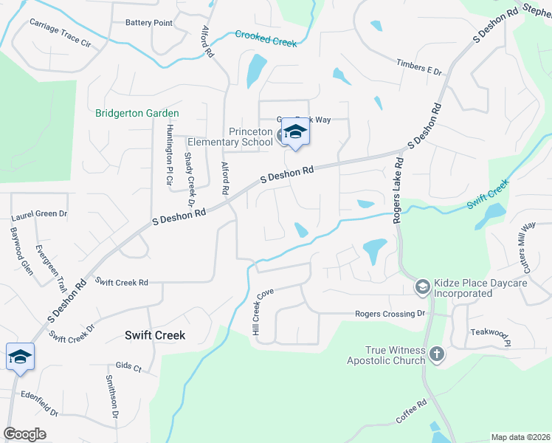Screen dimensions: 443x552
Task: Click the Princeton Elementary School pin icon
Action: click(295, 133)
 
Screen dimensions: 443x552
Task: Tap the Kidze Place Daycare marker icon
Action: click(423, 286)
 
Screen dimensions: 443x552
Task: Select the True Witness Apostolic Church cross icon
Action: click(437, 354)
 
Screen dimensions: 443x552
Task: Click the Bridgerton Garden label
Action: click(137, 113)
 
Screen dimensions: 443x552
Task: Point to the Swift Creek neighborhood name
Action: click(154, 335)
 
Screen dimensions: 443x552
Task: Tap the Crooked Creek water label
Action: click(266, 38)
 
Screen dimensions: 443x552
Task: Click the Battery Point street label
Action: click(149, 23)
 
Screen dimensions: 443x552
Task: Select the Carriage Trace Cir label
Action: click(60, 34)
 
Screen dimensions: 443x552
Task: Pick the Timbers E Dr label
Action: click(418, 67)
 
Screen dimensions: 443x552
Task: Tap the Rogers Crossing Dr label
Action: click(391, 314)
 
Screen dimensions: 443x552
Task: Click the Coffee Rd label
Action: click(412, 412)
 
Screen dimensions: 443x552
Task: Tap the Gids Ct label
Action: click(128, 367)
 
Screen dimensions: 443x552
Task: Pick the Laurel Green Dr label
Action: click(39, 216)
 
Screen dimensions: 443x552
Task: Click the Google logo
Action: click(25, 434)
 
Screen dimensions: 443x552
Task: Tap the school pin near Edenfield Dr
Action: click(20, 357)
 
